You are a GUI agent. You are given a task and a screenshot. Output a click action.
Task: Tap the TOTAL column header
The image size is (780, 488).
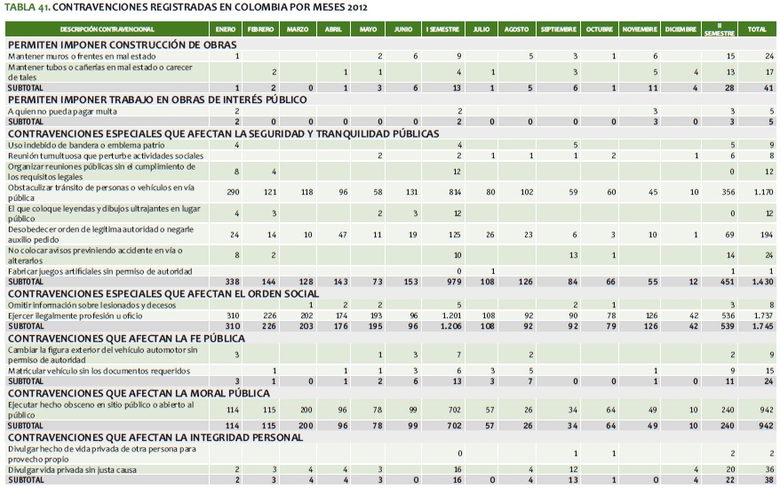pyautogui.click(x=757, y=29)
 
